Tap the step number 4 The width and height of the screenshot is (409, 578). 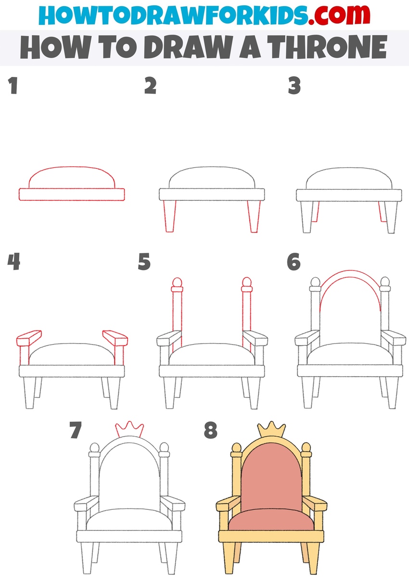point(13,261)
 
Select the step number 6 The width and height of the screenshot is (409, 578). point(294,262)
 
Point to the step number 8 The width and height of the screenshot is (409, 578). point(211,430)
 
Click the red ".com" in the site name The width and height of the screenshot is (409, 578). point(339,15)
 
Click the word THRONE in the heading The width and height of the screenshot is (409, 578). point(327,48)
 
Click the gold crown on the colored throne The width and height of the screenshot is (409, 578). point(271,430)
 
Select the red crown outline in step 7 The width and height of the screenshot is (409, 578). point(129,430)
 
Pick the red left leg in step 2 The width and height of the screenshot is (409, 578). point(169,216)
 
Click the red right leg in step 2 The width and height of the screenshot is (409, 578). point(254,216)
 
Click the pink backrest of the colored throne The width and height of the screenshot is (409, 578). point(271,478)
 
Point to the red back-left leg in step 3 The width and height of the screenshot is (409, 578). point(316,212)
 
